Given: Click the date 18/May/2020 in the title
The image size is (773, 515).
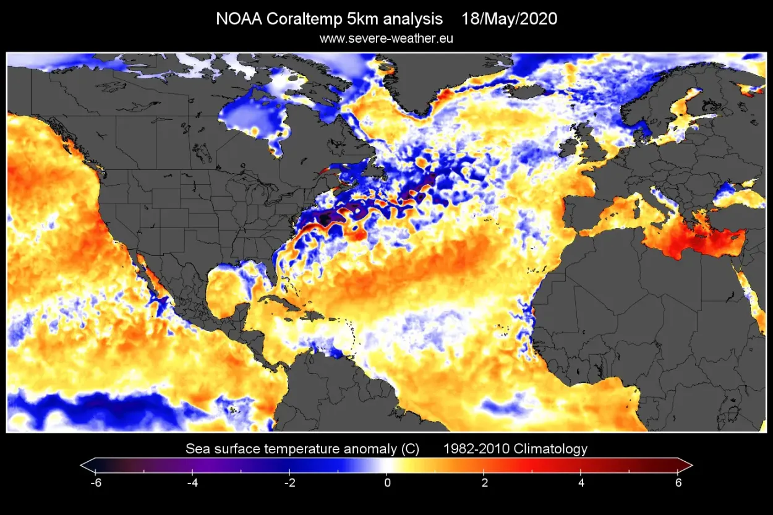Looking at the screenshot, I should coord(509,19).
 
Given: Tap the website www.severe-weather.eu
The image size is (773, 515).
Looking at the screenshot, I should coord(386,38).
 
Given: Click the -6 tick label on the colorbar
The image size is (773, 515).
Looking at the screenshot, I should coord(95,483).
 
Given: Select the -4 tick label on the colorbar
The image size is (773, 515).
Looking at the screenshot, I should coord(192,483).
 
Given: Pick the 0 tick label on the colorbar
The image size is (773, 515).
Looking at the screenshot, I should coord(387,483).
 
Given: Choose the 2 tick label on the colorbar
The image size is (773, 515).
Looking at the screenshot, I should coord(484,483).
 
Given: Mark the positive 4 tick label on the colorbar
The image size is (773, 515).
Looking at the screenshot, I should coord(581,483).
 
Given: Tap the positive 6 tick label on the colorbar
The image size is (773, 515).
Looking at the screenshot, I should coord(678,483).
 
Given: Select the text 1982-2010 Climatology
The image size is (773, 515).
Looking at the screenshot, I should coord(515,449).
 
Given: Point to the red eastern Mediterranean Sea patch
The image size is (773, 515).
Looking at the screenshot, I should coord(693,238).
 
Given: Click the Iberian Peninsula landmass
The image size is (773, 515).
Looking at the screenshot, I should coord(584,210).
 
